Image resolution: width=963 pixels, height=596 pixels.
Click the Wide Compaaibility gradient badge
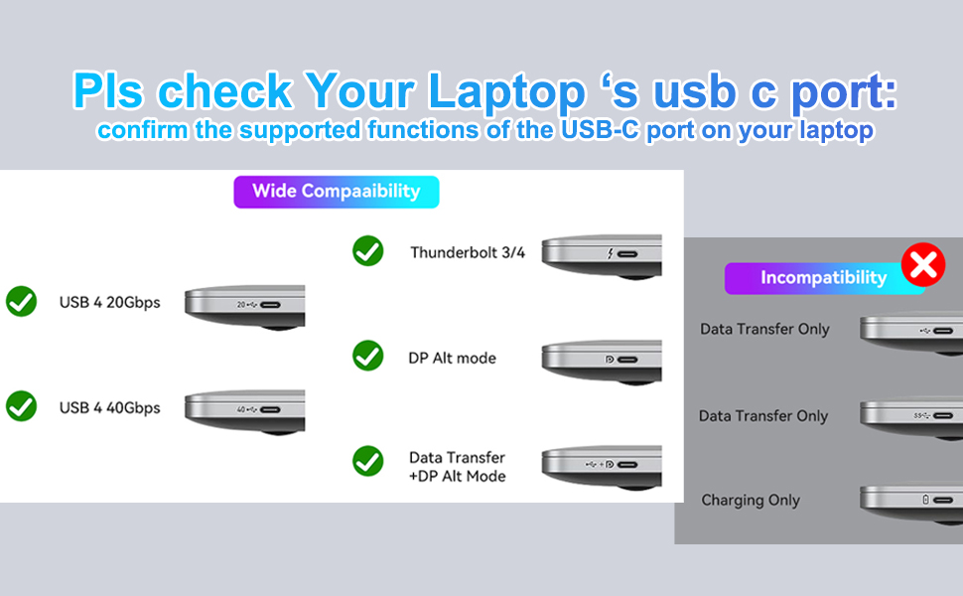(x=336, y=192)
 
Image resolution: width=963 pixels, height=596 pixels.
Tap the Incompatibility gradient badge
(x=822, y=278)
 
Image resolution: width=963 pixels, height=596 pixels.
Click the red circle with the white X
(x=923, y=265)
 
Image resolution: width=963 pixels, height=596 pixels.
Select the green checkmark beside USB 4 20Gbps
(x=21, y=301)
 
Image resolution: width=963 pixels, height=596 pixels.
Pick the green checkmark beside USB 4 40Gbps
(x=21, y=406)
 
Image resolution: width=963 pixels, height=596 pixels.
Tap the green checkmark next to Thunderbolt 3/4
(x=367, y=251)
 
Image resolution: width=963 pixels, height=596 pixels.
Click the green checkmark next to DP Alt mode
(x=367, y=356)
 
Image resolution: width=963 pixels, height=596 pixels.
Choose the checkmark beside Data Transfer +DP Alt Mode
(x=367, y=460)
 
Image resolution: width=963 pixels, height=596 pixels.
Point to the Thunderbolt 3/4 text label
(x=468, y=252)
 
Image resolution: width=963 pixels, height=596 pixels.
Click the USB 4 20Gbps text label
(x=109, y=302)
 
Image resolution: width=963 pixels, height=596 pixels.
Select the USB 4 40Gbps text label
(x=109, y=407)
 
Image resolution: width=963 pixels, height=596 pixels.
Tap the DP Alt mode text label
(x=452, y=358)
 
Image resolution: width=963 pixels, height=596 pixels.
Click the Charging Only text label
(x=751, y=501)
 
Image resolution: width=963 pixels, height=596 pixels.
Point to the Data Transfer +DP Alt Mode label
(x=457, y=467)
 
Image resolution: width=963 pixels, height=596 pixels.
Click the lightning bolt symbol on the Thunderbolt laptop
(x=610, y=254)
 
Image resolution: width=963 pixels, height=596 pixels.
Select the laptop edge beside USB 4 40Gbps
(x=244, y=409)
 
